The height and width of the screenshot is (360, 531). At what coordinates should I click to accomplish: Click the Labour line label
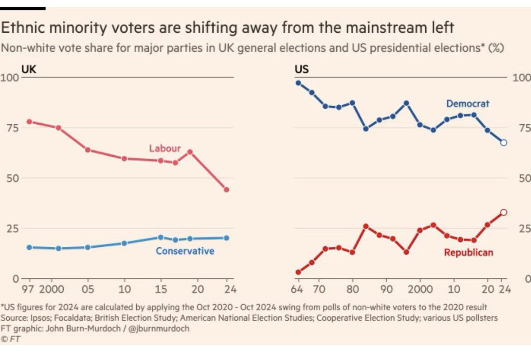tap(165, 148)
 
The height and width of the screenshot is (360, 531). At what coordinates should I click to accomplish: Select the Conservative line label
tap(185, 251)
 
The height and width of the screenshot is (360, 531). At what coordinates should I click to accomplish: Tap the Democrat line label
tap(468, 103)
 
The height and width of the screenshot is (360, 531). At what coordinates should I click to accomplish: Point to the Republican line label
tap(468, 253)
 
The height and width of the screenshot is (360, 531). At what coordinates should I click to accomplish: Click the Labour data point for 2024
tap(227, 189)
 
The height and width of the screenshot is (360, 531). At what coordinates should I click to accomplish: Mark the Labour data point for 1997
tap(30, 122)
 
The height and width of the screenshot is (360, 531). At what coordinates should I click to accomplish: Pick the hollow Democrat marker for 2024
tap(503, 142)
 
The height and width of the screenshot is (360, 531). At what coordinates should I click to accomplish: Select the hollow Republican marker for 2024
tap(503, 213)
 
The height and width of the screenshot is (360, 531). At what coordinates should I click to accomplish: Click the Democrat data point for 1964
tap(298, 83)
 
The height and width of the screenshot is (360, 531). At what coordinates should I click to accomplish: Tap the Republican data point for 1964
tap(298, 272)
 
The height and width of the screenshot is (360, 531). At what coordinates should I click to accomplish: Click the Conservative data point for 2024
tap(227, 237)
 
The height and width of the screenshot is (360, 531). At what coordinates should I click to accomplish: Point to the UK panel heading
tap(29, 69)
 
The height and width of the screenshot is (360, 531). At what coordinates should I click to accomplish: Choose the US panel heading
tap(302, 69)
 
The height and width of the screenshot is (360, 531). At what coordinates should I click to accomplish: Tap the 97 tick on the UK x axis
tap(30, 290)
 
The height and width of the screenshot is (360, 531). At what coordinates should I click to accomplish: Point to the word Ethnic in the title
tap(23, 28)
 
